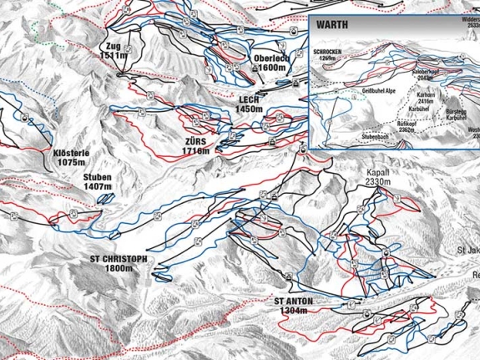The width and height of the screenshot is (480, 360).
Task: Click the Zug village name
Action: click(x=114, y=45)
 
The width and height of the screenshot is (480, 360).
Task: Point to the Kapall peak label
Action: click(x=378, y=172)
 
